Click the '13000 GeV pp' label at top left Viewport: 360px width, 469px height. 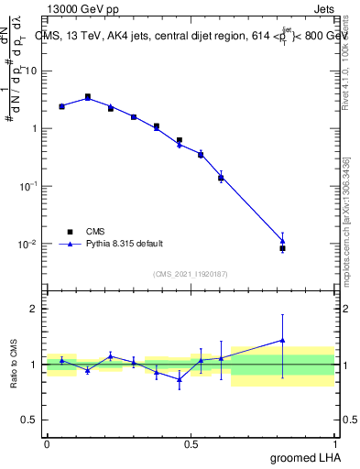tap(80, 8)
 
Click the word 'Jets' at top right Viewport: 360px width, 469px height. tap(325, 8)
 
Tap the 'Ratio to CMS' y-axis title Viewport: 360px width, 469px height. tap(15, 365)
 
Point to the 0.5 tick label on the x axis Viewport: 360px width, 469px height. tap(191, 442)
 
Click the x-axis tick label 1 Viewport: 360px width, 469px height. tap(336, 442)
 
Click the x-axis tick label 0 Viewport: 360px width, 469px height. tap(47, 442)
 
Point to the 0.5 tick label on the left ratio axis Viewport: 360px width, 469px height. tap(30, 420)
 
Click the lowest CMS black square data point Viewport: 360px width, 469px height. tap(282, 248)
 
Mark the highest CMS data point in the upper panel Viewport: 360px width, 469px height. tap(88, 96)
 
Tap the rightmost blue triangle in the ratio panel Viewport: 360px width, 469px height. tap(282, 341)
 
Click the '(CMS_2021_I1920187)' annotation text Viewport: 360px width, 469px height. tap(191, 273)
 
